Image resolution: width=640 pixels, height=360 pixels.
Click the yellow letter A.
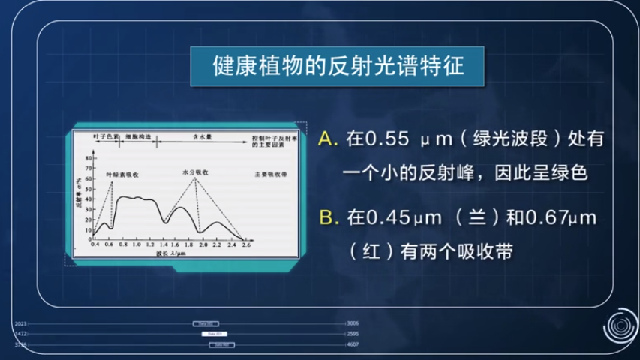coord(325,139)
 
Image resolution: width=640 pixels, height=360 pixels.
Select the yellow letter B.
coord(325,217)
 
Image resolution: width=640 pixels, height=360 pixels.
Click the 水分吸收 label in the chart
coord(196,172)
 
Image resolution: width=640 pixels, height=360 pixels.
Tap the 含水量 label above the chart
coord(203,138)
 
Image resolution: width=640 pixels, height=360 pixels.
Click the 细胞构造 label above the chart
coord(137,138)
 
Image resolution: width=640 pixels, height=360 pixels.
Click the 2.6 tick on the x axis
coord(245,245)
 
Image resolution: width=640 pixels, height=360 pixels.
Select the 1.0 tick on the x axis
coord(137,245)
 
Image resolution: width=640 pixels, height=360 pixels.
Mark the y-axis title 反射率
coord(79,197)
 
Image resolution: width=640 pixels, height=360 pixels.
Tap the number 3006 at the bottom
coord(353,322)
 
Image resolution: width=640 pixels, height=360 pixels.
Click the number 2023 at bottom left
coord(21,322)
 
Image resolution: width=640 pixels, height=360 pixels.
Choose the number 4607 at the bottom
coord(353,344)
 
